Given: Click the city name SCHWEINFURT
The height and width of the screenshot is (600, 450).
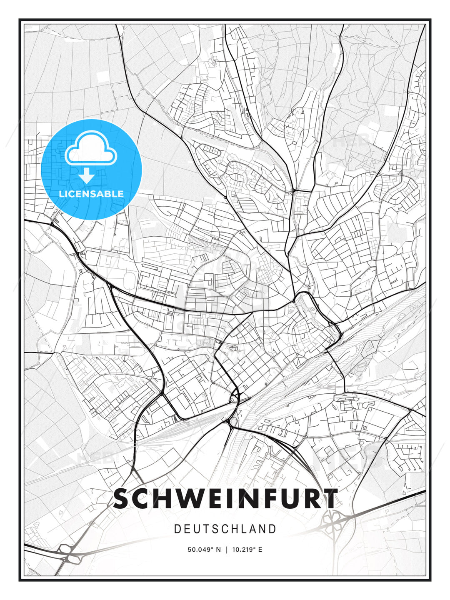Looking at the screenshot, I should pos(225,498).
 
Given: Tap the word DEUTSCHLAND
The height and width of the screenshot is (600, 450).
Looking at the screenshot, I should pos(225,529).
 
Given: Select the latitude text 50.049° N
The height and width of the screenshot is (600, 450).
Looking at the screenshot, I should pos(204,550).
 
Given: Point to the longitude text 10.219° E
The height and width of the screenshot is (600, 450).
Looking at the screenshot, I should pos(247,550).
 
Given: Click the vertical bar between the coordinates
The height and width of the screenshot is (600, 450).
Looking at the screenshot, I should pos(226,550).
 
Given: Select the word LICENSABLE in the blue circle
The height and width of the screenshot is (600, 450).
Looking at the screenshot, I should pos(91,194).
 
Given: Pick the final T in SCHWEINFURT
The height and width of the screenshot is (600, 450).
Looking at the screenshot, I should pos(330,498).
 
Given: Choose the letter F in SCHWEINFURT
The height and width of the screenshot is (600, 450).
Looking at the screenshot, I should pos(258,498).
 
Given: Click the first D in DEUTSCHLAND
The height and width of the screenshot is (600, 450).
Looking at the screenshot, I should pos(177,529).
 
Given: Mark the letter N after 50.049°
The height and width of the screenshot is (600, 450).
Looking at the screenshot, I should pos(218,550).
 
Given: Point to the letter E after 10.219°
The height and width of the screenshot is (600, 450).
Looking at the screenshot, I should pos(260,550).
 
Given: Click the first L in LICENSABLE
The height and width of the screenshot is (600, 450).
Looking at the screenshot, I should pos(62,194).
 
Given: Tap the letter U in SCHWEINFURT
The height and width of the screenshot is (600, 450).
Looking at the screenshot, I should pos(281,498).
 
